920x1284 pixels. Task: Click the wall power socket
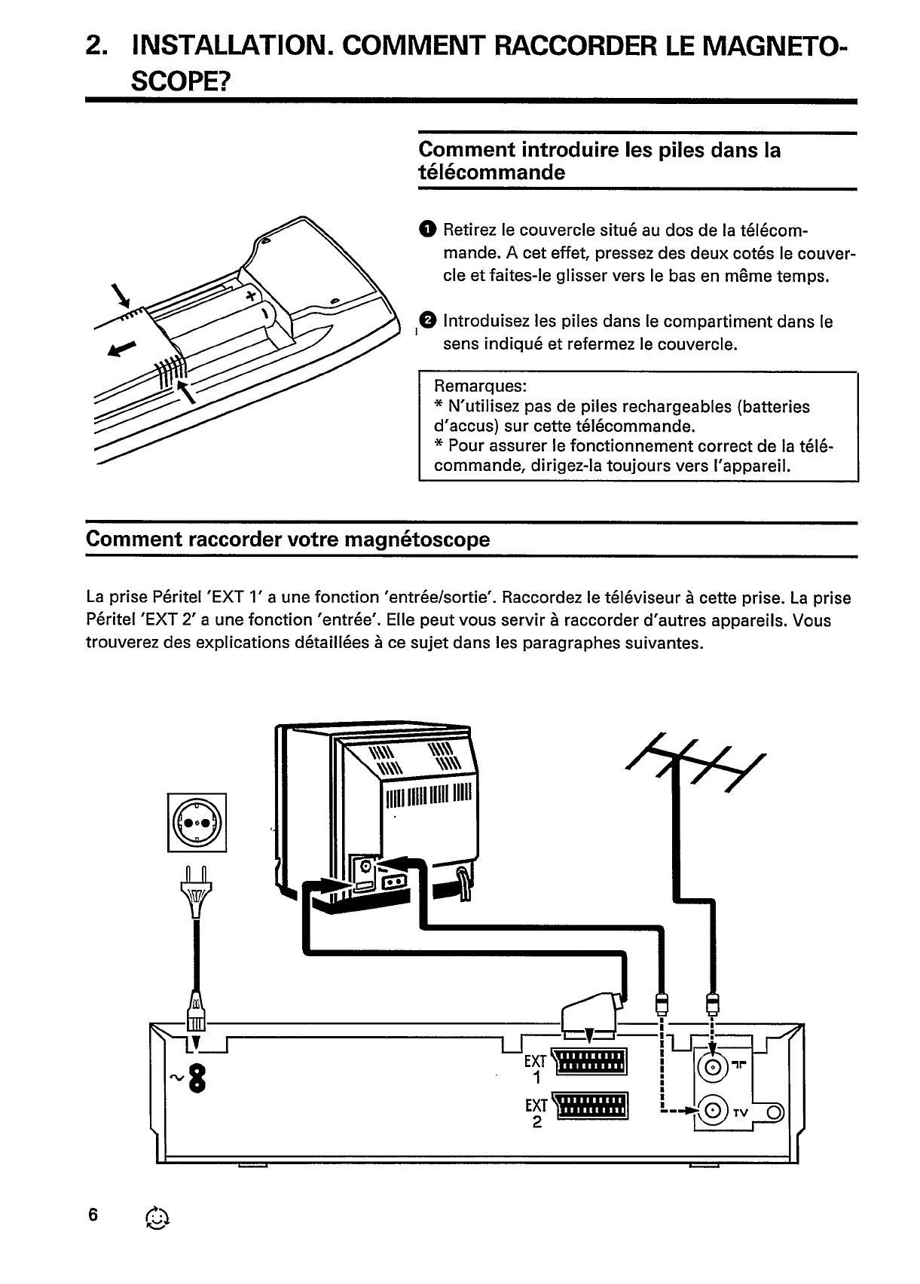197,821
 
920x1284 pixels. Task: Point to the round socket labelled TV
714,1111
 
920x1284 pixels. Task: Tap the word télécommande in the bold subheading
491,173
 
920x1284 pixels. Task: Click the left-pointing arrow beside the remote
124,348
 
